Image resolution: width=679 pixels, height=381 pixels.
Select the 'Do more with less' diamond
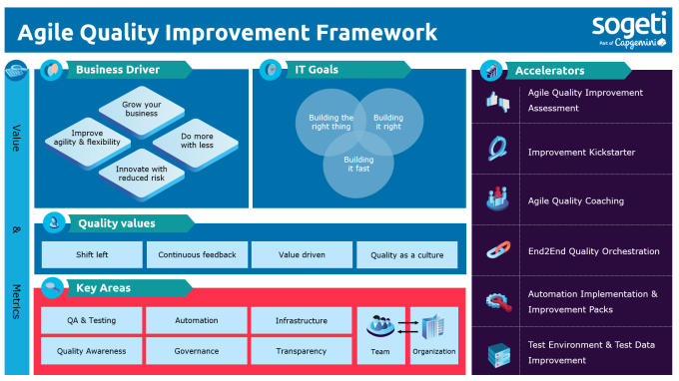tap(196, 140)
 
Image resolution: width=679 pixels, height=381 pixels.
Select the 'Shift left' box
tap(92, 255)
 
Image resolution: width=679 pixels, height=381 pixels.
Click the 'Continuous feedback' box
tap(197, 255)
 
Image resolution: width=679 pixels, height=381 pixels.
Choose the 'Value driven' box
tap(301, 255)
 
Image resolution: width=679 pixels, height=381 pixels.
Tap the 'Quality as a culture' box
tap(405, 255)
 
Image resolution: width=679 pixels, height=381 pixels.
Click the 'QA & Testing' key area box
tap(92, 320)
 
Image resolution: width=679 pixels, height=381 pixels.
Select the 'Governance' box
tap(197, 351)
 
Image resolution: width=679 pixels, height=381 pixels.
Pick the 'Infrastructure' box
tap(301, 320)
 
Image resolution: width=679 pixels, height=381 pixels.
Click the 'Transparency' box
tap(301, 351)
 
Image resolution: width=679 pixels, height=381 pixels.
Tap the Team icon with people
tap(379, 325)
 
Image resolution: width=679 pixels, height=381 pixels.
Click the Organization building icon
tap(433, 325)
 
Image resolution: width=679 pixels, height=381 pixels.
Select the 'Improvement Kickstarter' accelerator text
tap(581, 153)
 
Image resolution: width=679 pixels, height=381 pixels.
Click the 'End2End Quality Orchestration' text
tap(593, 251)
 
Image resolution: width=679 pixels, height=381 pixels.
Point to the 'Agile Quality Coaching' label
tap(575, 200)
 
